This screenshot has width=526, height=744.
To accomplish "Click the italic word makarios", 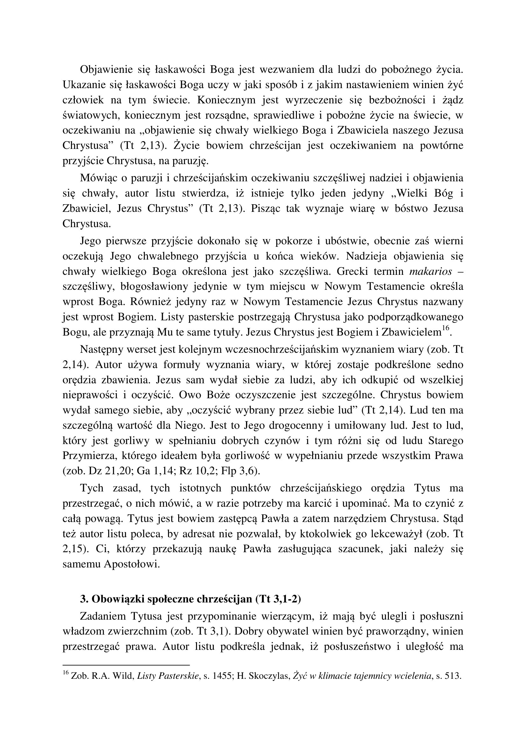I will [431, 271].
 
